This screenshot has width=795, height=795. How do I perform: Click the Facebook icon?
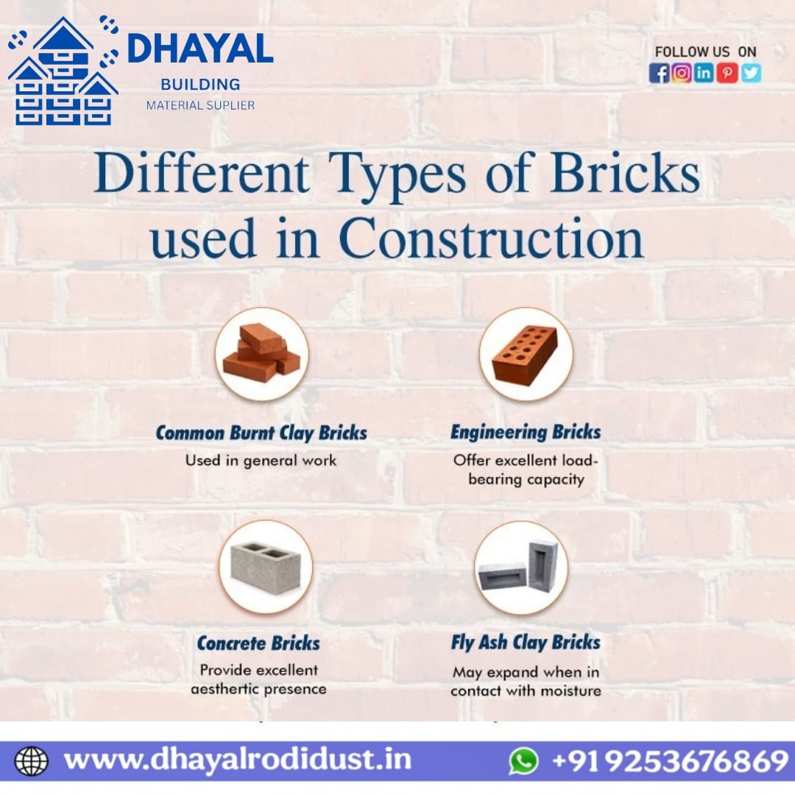pyautogui.click(x=659, y=73)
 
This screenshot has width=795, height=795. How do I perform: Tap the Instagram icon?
pyautogui.click(x=682, y=73)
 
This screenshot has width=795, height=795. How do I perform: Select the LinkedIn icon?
pyautogui.click(x=704, y=73)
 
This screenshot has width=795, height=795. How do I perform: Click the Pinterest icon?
pyautogui.click(x=727, y=73)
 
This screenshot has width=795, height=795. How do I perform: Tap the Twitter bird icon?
pyautogui.click(x=751, y=73)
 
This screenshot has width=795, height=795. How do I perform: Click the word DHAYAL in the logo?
pyautogui.click(x=199, y=49)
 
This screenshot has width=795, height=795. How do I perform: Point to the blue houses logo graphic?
pyautogui.click(x=63, y=71)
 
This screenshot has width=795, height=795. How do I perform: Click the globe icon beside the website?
pyautogui.click(x=32, y=761)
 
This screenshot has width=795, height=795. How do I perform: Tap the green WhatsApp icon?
pyautogui.click(x=523, y=761)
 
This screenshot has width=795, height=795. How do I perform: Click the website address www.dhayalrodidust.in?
pyautogui.click(x=237, y=760)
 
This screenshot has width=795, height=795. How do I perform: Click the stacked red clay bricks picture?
pyautogui.click(x=261, y=354)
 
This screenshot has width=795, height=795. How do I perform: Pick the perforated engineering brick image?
pyautogui.click(x=526, y=354)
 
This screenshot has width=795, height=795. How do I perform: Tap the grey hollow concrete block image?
pyautogui.click(x=266, y=567)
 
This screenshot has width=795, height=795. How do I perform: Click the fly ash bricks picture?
pyautogui.click(x=521, y=568)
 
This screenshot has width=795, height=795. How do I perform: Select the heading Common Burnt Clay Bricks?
pyautogui.click(x=261, y=433)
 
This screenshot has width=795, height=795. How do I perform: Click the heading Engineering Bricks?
pyautogui.click(x=526, y=432)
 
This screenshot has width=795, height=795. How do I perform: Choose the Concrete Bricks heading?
pyautogui.click(x=258, y=643)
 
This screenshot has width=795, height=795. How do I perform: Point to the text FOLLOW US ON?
pyautogui.click(x=705, y=52)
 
